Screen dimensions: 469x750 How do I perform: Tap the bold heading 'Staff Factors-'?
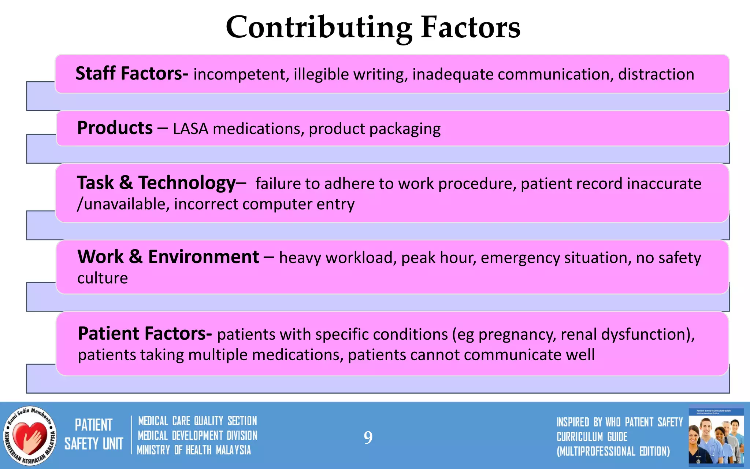tap(132, 73)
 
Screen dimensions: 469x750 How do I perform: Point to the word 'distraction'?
tap(656, 74)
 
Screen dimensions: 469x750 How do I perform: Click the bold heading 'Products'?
tap(115, 128)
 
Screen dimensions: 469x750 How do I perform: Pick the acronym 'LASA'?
tap(190, 129)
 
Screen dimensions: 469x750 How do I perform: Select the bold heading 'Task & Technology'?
tap(156, 183)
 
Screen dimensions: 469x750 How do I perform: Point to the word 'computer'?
tap(277, 204)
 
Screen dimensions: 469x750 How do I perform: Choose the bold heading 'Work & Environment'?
tap(168, 257)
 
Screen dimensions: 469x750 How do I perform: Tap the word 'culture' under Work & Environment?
tap(103, 278)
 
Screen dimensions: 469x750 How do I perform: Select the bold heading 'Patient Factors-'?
tap(145, 334)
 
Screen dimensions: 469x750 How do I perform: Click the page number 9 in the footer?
tap(368, 437)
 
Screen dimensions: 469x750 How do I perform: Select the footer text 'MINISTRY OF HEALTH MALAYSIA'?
tap(194, 450)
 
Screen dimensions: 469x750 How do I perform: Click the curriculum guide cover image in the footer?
tap(716, 436)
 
